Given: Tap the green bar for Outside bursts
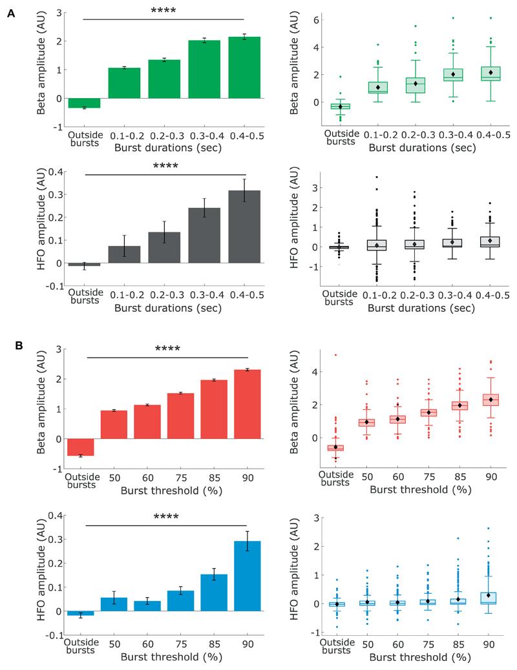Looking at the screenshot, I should pyautogui.click(x=84, y=103).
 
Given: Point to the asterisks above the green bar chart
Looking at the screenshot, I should pyautogui.click(x=163, y=11).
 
